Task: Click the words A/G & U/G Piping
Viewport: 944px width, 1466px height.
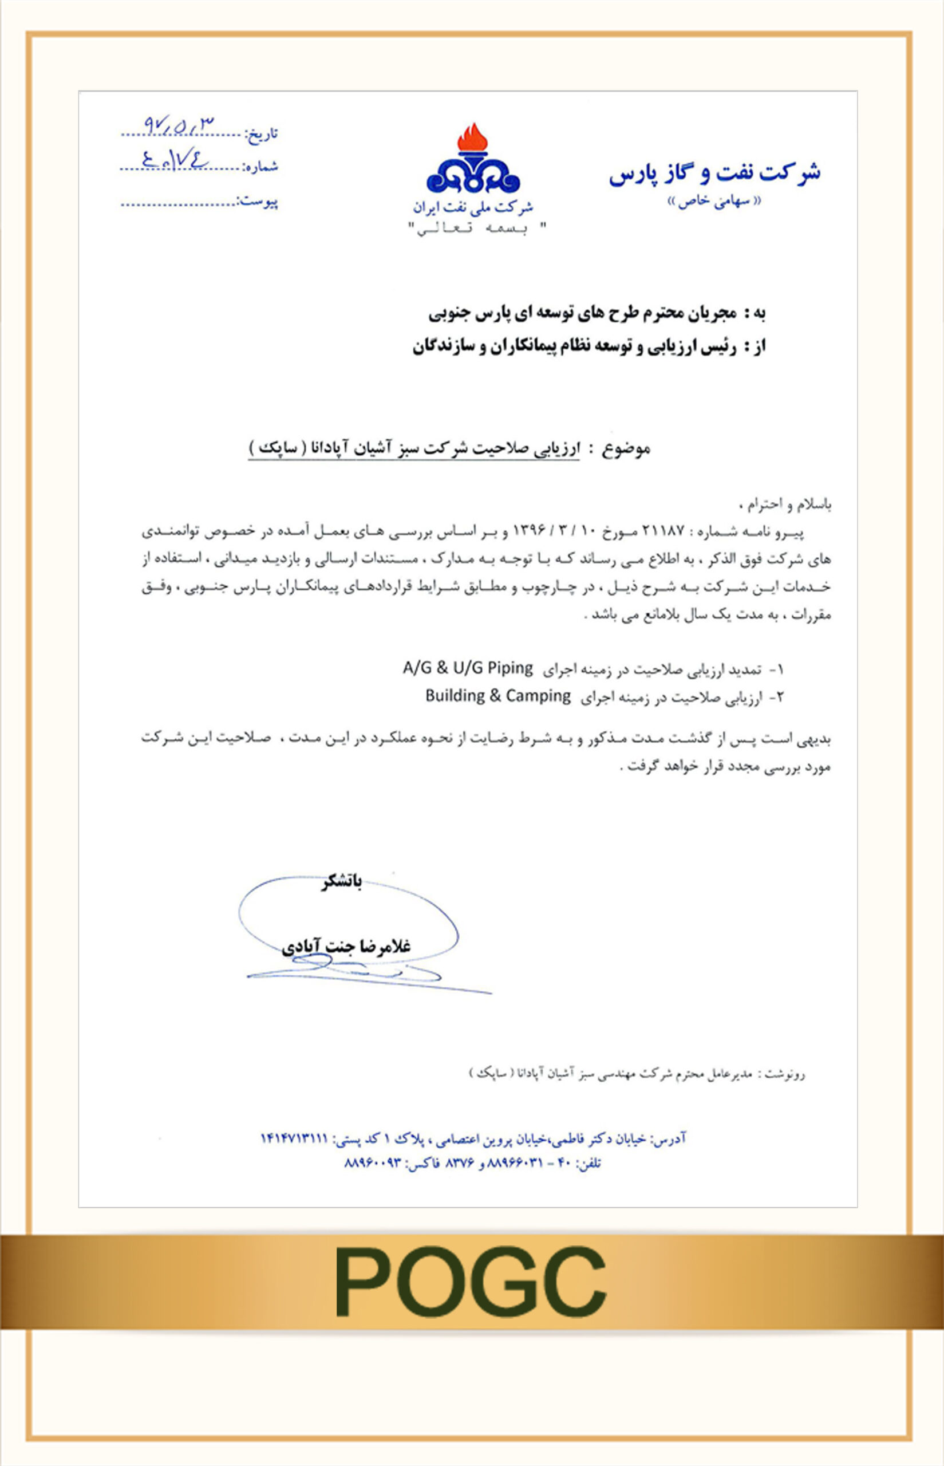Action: [x=467, y=668]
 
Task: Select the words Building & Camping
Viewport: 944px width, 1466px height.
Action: [x=497, y=696]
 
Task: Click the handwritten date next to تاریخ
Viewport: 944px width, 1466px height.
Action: [x=179, y=125]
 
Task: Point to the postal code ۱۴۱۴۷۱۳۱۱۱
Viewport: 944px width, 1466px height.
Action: [x=294, y=1138]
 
